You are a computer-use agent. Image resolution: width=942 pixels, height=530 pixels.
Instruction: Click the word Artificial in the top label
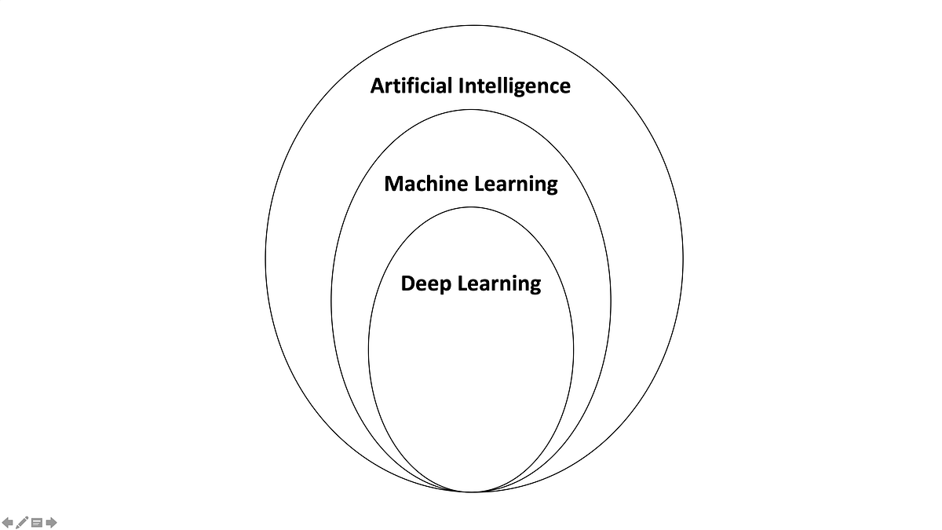(x=410, y=86)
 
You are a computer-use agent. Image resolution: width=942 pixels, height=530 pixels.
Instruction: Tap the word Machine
(x=425, y=184)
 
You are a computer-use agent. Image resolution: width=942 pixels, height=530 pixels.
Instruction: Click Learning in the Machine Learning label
(x=516, y=185)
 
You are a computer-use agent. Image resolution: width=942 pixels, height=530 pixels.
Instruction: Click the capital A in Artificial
(x=378, y=86)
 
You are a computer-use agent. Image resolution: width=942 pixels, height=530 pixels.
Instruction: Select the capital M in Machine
(x=394, y=184)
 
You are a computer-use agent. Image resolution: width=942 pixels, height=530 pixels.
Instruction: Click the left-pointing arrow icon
(x=8, y=522)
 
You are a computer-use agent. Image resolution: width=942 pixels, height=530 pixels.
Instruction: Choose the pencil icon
(x=22, y=522)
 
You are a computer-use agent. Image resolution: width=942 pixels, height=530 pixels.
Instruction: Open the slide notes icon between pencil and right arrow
(x=36, y=522)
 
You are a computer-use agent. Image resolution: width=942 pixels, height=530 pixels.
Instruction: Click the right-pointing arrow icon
(x=51, y=522)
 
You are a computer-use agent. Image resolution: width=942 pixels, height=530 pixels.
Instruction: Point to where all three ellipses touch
(x=471, y=492)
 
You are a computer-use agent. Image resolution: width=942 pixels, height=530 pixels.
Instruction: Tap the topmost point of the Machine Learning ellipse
(x=471, y=109)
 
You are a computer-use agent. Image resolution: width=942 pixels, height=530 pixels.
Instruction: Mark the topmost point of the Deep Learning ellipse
(x=471, y=207)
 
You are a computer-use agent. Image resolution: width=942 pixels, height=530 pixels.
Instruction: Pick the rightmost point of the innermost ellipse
(x=574, y=349)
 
